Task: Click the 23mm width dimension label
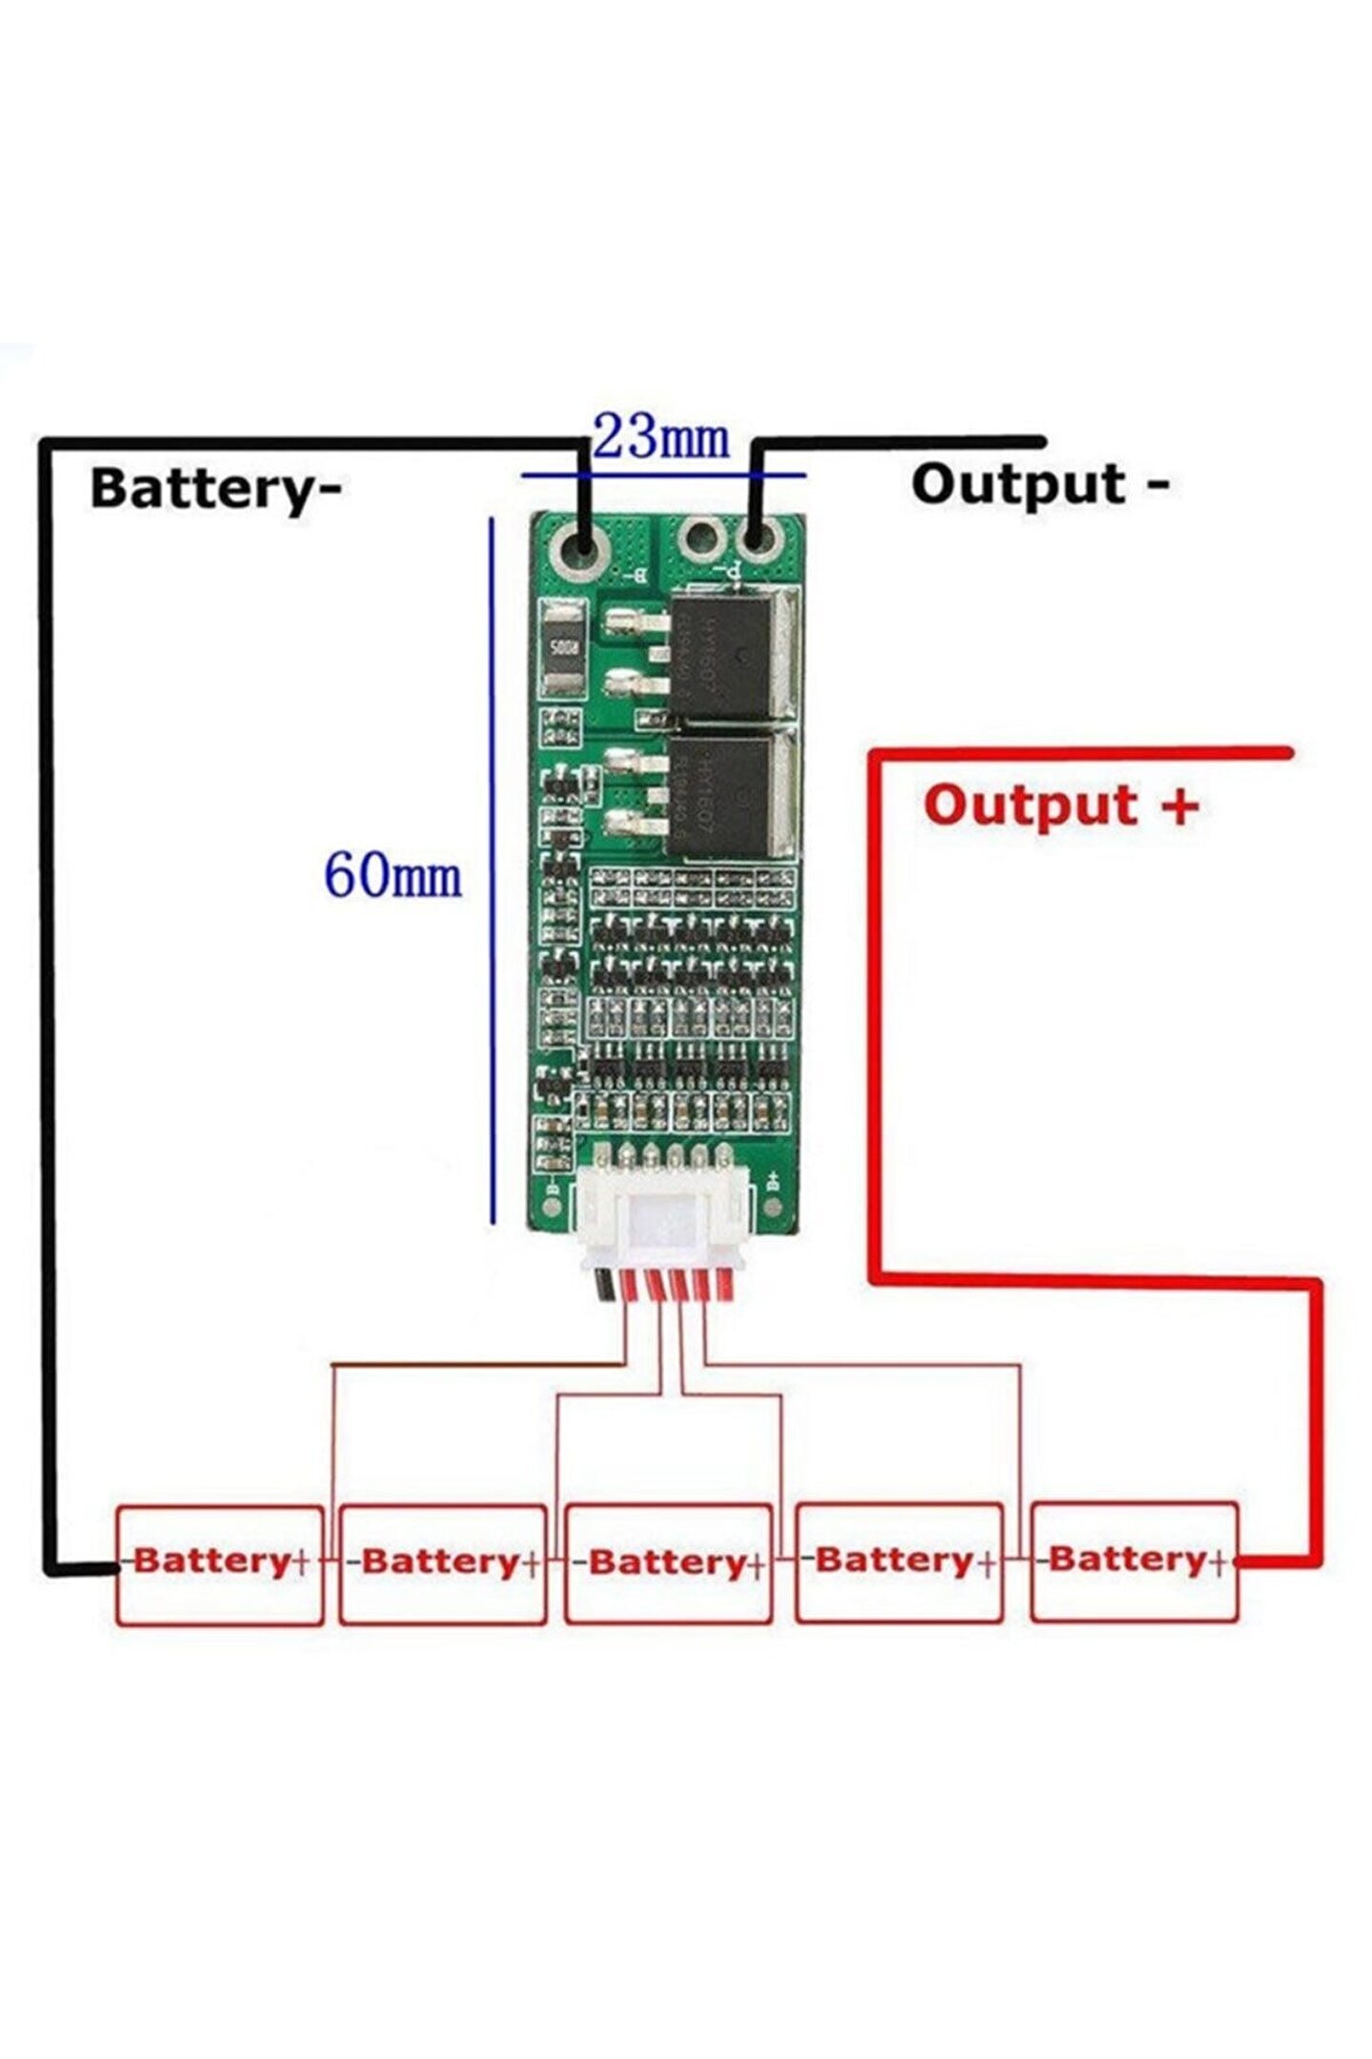tap(660, 438)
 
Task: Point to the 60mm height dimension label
tap(393, 876)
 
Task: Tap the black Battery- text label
tap(215, 489)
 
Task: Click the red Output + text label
tap(1060, 806)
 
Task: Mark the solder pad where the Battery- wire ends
tap(583, 547)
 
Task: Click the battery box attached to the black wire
tap(219, 1563)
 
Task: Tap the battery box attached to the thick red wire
tap(1134, 1560)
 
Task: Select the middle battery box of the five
tap(668, 1563)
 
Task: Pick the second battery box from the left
tap(443, 1563)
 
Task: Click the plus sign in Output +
tap(1180, 805)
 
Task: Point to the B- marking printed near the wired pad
tap(637, 576)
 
